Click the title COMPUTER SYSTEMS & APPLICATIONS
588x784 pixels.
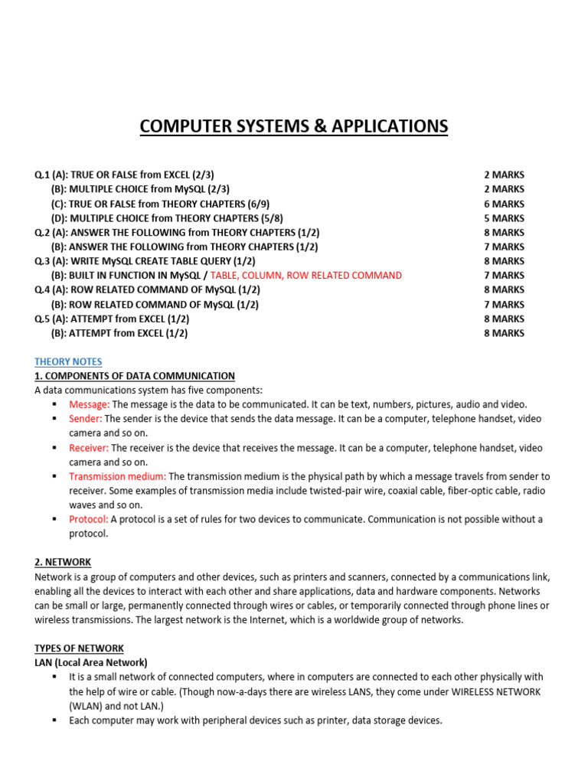click(294, 126)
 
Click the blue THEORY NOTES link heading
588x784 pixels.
click(68, 361)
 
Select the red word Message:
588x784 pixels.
click(90, 404)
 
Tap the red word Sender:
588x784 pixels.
click(86, 419)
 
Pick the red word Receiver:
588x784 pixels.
click(89, 448)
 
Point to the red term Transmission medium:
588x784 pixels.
click(117, 476)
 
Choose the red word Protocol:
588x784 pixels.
click(89, 519)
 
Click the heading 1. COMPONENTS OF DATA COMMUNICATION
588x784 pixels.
click(135, 376)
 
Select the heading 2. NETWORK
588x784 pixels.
click(63, 562)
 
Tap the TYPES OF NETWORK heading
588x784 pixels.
click(79, 648)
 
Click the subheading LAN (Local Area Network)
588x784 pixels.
click(91, 662)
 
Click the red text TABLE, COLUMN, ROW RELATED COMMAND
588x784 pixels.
click(305, 276)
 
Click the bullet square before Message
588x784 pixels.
click(54, 404)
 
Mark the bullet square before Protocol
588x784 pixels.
click(54, 519)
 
